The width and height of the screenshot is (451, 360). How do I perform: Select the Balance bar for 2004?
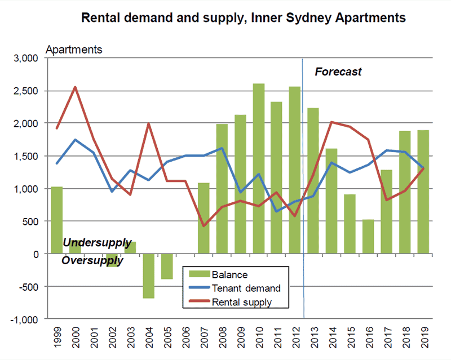pos(149,275)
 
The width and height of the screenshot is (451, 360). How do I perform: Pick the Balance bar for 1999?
pos(57,220)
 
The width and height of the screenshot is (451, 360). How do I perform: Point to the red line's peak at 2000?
pos(75,87)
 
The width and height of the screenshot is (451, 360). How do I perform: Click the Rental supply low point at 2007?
pos(204,226)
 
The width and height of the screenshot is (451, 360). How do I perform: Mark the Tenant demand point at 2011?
pos(277,211)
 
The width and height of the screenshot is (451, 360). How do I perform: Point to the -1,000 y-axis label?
pos(23,319)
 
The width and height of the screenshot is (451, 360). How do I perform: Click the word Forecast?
pos(338,72)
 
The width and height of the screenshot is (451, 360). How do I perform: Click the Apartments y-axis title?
pos(74,50)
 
